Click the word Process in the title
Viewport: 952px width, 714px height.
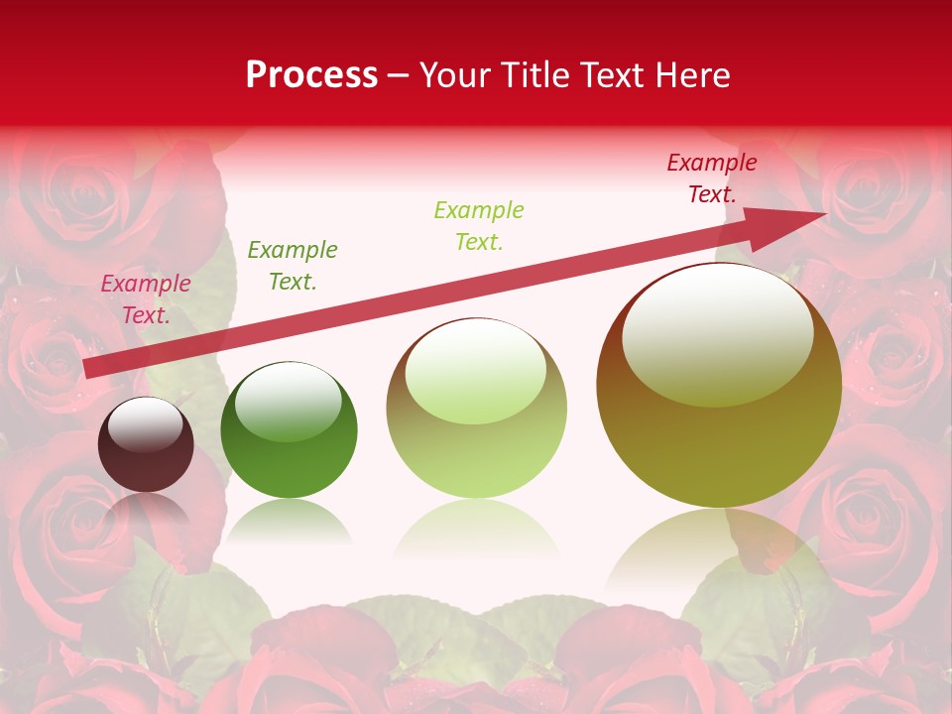tap(311, 75)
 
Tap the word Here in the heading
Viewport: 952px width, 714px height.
tap(691, 75)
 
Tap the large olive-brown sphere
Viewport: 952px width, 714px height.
tap(719, 436)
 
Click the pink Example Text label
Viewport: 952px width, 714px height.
tap(146, 299)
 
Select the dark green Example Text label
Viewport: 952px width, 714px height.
tap(293, 266)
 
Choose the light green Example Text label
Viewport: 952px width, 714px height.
tap(479, 225)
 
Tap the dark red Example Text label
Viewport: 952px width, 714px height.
tap(712, 178)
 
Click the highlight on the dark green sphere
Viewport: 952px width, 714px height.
tap(289, 402)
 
